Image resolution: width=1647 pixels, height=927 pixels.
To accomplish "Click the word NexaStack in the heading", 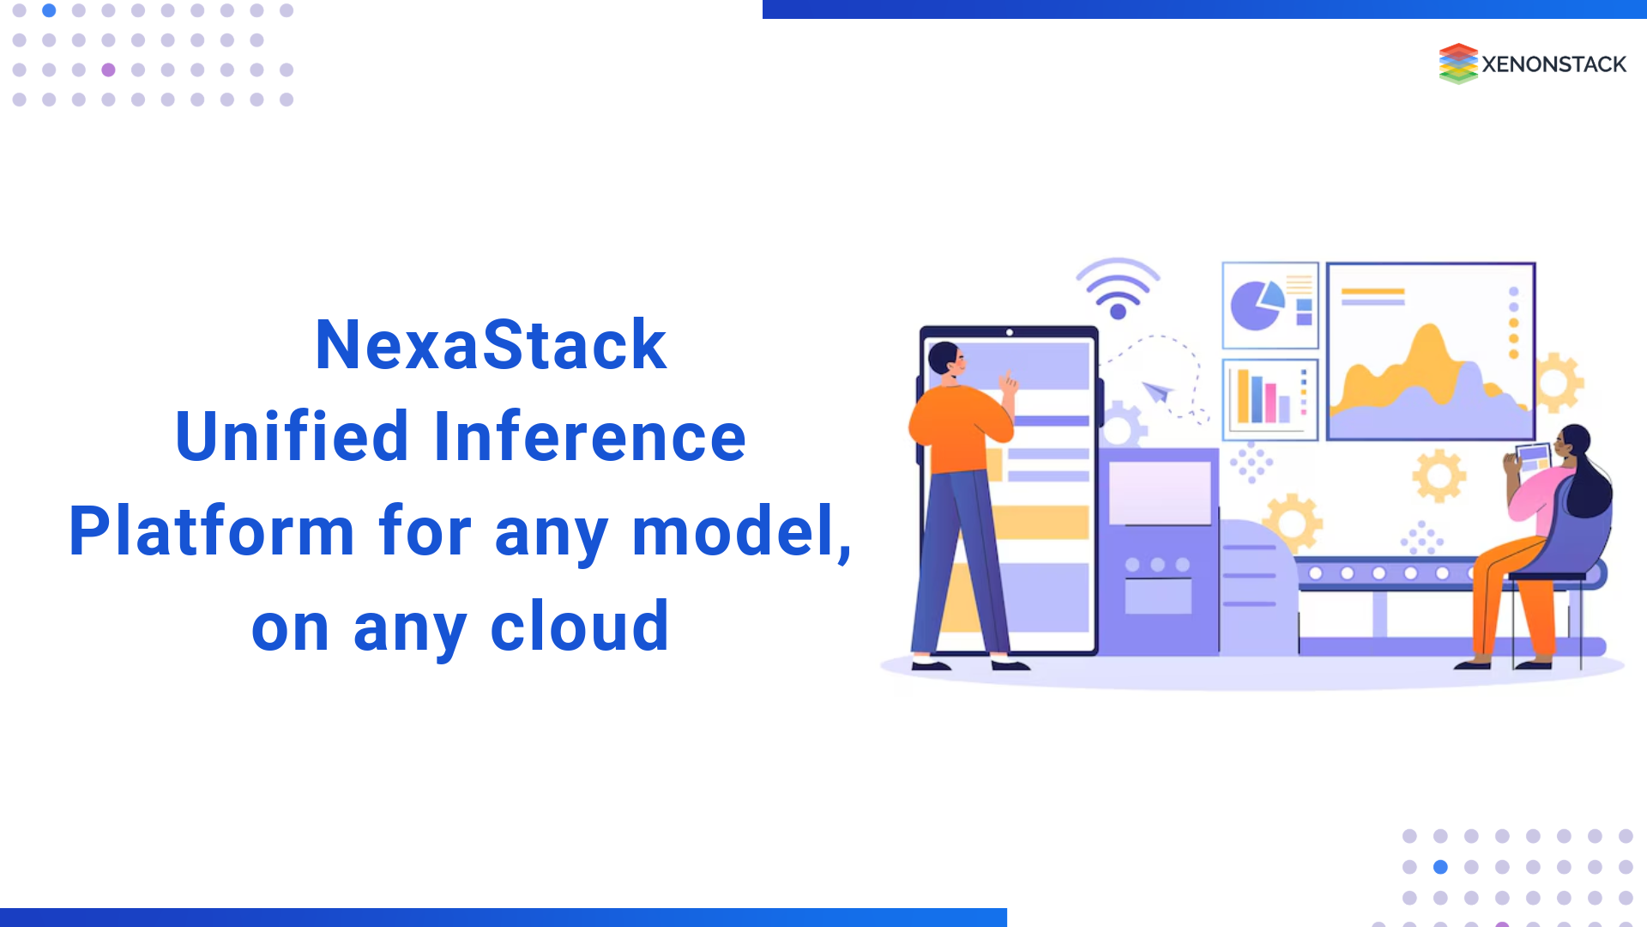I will point(491,345).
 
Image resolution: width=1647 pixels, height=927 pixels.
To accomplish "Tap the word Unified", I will point(292,437).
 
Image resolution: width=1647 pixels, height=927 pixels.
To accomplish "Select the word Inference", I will point(590,437).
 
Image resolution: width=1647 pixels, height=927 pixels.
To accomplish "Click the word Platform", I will point(212,531).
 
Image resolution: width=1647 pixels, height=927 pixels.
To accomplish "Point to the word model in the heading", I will point(736,531).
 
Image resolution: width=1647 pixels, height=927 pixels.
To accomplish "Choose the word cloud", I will point(579,627).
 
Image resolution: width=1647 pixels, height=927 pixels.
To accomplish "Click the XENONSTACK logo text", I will point(1553,64).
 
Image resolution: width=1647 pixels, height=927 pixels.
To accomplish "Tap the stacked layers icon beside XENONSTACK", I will point(1457,64).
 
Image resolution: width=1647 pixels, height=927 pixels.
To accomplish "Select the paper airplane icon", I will point(1157,392).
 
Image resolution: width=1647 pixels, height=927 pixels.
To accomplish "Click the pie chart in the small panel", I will point(1255,305).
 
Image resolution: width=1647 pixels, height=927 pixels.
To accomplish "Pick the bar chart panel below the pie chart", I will point(1270,399).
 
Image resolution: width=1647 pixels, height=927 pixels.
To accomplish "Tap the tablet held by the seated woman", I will point(1533,457).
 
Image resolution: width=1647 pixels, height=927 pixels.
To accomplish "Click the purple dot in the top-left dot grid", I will point(108,70).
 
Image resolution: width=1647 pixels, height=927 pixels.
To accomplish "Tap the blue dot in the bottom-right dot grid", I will point(1440,867).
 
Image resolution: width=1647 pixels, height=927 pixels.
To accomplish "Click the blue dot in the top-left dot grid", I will point(49,10).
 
